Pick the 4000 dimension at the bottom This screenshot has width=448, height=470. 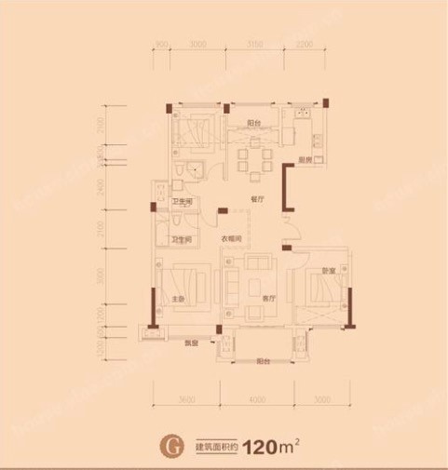(x=256, y=398)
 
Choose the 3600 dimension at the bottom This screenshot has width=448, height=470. (x=185, y=398)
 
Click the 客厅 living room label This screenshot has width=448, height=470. (x=268, y=299)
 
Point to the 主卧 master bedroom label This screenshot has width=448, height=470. (x=177, y=299)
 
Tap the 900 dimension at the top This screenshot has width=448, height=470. (x=161, y=43)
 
